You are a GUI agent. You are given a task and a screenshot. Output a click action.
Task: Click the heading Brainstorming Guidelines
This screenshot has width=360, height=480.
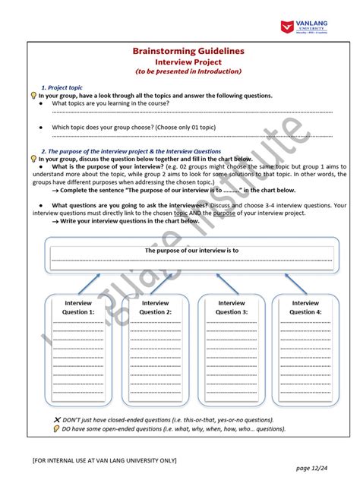click(x=188, y=50)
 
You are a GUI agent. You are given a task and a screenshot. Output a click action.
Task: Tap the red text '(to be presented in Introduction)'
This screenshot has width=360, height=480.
click(x=188, y=71)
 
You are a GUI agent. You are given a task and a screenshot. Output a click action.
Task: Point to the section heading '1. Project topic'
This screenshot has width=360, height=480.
click(x=62, y=88)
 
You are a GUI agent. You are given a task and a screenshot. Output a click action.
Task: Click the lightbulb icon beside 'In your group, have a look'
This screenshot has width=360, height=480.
click(x=33, y=96)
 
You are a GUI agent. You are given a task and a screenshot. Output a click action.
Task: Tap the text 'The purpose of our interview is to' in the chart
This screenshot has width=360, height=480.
click(x=192, y=250)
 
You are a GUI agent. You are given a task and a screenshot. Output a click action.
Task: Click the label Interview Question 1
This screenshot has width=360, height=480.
click(x=78, y=308)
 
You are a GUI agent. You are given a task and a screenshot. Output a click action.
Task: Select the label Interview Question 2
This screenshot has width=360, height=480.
click(x=156, y=308)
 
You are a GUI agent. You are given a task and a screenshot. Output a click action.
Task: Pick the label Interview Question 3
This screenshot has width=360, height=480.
click(x=231, y=308)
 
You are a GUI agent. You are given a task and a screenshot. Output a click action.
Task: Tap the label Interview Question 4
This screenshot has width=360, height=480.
click(x=305, y=308)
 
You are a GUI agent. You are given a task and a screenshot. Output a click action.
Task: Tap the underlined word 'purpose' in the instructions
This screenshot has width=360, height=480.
click(x=224, y=213)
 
